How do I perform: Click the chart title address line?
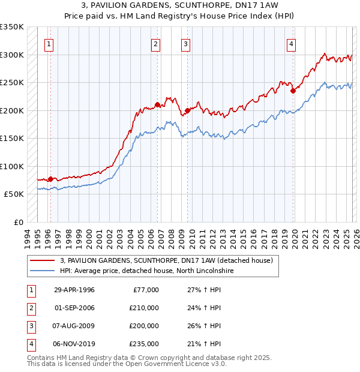pos(179,7)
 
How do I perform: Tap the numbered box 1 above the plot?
pos(49,43)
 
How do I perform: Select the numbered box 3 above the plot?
pos(185,43)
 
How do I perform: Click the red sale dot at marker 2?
pos(157,105)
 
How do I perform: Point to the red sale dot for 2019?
pos(293,91)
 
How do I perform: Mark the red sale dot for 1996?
pos(50,179)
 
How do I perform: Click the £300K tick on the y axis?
pos(12,55)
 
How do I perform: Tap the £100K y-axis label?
pos(12,166)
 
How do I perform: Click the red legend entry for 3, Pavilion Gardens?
pos(167,260)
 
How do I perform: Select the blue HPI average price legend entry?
pos(146,271)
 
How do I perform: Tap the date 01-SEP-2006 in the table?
pos(74,308)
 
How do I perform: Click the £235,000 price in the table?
pos(144,344)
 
